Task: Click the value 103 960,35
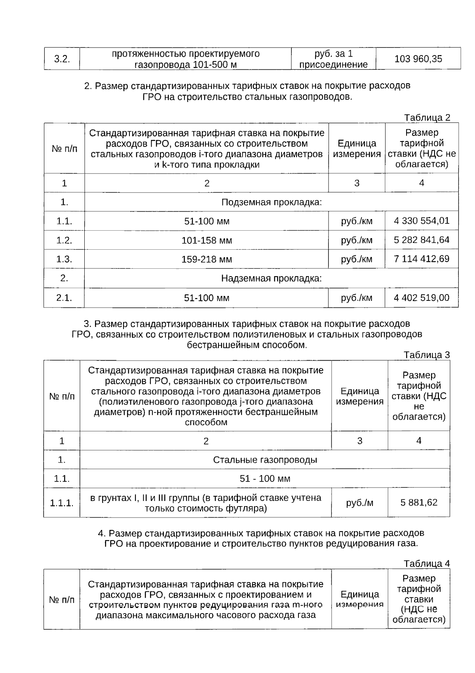[x=418, y=59]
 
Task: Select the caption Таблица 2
[x=427, y=118]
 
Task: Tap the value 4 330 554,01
[x=422, y=221]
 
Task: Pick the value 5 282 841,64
[x=422, y=240]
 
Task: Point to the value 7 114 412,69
[x=422, y=259]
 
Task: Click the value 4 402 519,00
[x=422, y=298]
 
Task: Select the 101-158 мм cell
[x=207, y=241]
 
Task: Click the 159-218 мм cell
[x=207, y=260]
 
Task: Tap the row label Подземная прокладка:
[x=271, y=203]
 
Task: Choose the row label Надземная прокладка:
[x=271, y=278]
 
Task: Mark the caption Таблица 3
[x=427, y=355]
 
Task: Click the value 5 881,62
[x=419, y=503]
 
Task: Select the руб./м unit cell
[x=359, y=503]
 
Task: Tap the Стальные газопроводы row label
[x=265, y=460]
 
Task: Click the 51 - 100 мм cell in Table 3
[x=265, y=479]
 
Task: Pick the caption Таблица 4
[x=427, y=564]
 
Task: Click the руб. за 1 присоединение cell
[x=333, y=59]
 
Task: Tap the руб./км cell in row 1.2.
[x=357, y=241]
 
